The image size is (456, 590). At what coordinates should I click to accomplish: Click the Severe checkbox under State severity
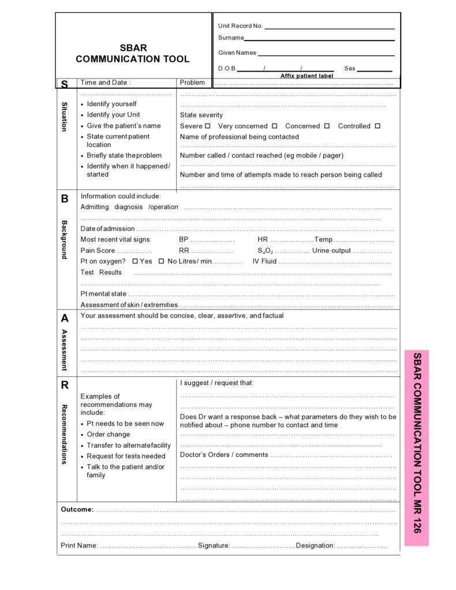[208, 126]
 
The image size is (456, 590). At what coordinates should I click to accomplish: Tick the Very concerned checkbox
[274, 126]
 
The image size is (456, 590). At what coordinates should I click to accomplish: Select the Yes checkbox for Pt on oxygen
[135, 261]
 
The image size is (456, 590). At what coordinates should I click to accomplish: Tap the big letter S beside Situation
[65, 84]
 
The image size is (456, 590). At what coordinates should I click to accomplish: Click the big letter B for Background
[65, 199]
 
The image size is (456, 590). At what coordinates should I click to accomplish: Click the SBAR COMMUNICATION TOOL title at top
[133, 54]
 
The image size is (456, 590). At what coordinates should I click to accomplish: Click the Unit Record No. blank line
[329, 28]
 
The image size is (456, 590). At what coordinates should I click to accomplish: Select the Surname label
[231, 38]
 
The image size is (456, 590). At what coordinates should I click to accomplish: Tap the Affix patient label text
[307, 76]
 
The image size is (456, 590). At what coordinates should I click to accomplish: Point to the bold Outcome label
[77, 509]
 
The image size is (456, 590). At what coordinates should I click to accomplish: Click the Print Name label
[79, 546]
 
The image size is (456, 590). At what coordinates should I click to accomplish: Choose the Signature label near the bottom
[214, 546]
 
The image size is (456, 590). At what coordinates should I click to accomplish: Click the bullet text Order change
[109, 434]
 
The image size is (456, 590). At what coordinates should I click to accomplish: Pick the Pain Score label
[98, 251]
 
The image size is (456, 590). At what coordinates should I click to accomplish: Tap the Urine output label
[331, 251]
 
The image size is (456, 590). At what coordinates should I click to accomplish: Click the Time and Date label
[106, 83]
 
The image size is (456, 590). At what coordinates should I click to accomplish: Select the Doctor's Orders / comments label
[224, 455]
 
